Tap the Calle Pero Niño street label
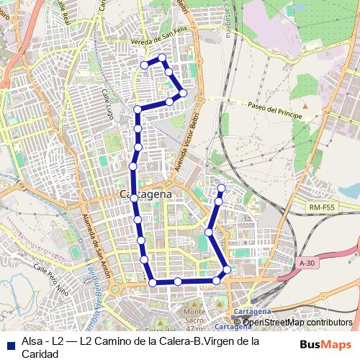click(x=52, y=282)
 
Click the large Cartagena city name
click(x=145, y=195)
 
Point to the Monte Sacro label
click(x=195, y=315)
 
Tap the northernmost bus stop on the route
click(x=162, y=58)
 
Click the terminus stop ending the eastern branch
click(x=221, y=188)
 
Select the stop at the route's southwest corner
click(x=153, y=282)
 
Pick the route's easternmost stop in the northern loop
click(x=184, y=93)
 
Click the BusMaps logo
click(x=324, y=344)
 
